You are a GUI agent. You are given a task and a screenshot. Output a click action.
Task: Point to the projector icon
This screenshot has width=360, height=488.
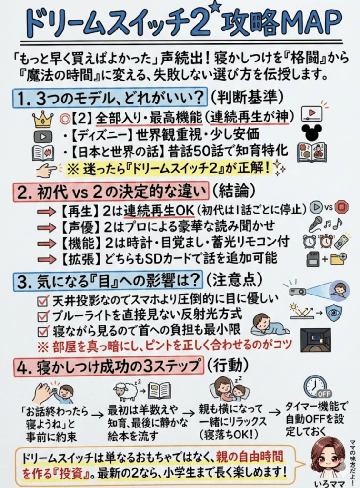(297, 291)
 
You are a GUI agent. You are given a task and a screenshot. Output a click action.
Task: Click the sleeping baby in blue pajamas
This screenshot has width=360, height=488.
(269, 325)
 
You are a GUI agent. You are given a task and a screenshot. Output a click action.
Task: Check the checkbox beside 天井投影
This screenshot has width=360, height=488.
(42, 300)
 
